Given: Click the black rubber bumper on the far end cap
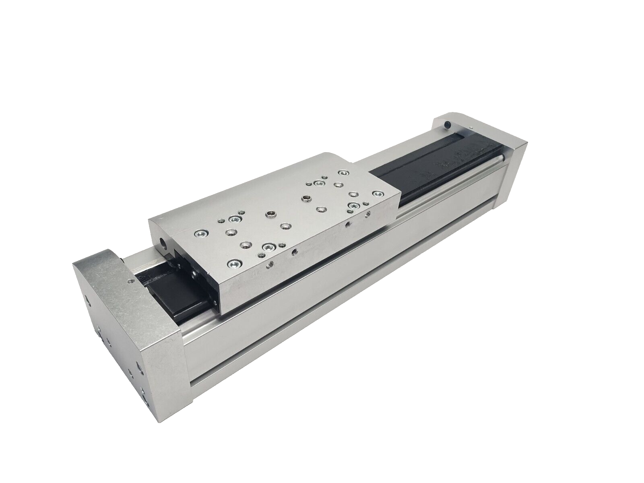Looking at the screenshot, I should (447, 126).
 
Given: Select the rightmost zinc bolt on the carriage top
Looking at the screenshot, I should (377, 194).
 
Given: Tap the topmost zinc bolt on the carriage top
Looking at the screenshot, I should (343, 173).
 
